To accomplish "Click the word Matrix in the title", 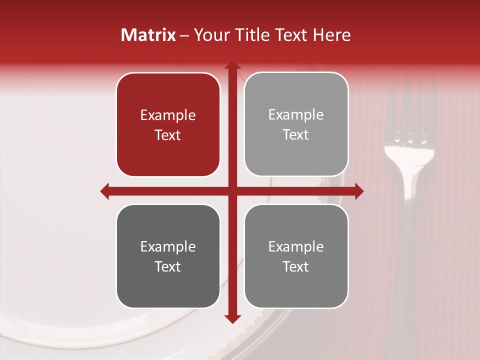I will click(x=148, y=35).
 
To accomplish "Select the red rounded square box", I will click(x=168, y=125).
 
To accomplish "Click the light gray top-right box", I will click(x=296, y=124).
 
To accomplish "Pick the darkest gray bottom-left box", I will click(x=168, y=256).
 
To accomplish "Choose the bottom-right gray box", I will click(x=296, y=256).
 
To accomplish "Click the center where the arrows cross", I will click(x=232, y=191).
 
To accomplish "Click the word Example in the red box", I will click(x=168, y=115).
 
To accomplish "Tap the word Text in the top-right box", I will click(x=296, y=135).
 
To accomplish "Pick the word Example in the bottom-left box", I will click(x=168, y=247).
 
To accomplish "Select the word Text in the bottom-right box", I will click(x=296, y=267).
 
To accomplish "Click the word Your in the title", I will click(x=208, y=35).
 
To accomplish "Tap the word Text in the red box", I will click(x=168, y=135).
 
